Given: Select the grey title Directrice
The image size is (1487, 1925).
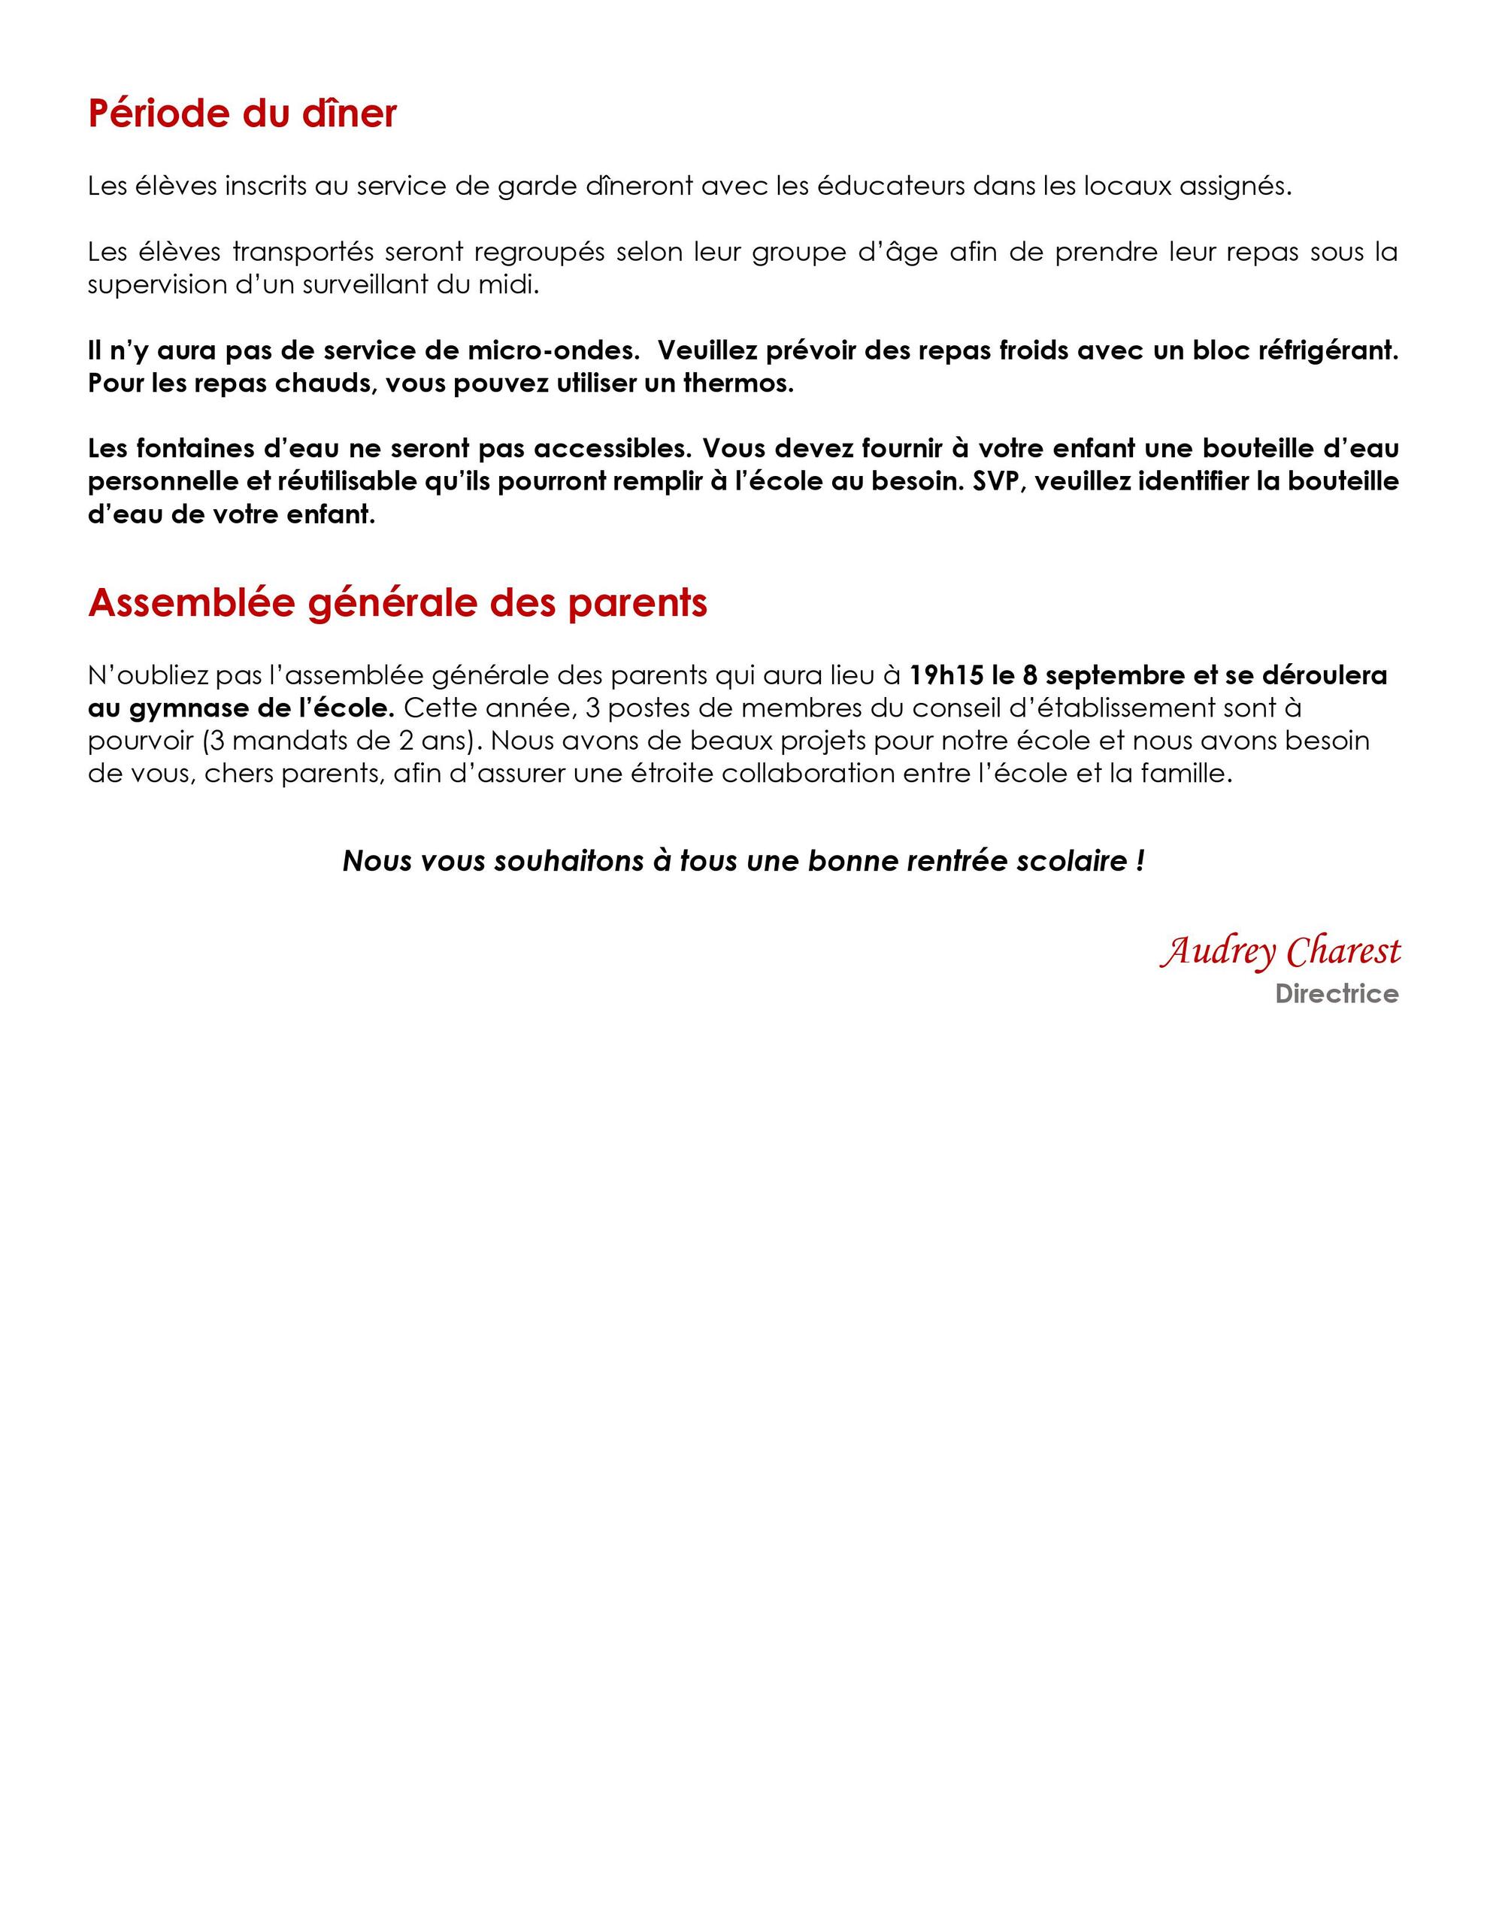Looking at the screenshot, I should click(1337, 994).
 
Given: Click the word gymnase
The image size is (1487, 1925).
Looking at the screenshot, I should click(188, 708).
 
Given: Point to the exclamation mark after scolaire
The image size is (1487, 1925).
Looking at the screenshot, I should click(1140, 861).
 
